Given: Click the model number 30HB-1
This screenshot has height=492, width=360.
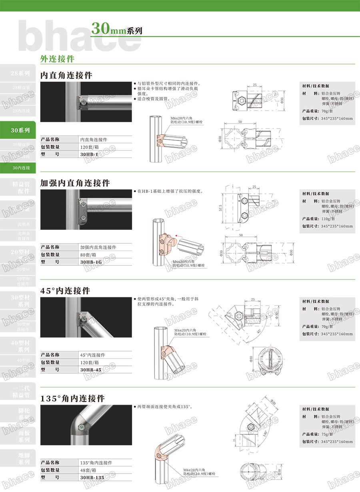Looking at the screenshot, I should point(89,154).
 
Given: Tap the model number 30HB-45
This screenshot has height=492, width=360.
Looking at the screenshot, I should point(91,370).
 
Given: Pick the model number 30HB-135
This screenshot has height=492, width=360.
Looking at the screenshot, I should point(92,477).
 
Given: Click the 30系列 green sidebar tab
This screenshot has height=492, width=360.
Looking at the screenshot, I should point(20,130).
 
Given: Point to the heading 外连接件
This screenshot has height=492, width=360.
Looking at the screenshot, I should point(58,58).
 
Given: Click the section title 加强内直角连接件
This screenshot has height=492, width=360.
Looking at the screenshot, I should point(75,183).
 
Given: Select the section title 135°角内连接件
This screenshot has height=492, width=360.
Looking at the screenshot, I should point(72,398).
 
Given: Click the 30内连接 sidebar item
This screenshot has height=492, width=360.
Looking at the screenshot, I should point(20,168).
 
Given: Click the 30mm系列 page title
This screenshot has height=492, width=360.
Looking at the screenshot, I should point(116,29).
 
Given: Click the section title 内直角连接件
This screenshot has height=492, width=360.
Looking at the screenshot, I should point(66,75).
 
